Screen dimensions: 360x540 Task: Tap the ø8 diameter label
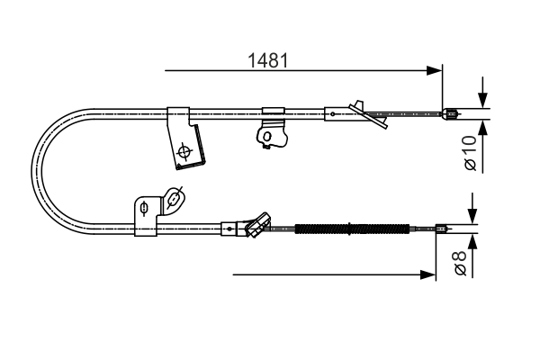tap(459, 264)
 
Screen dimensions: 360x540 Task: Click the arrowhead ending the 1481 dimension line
tap(438, 68)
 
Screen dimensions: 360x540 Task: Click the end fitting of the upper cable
tap(452, 113)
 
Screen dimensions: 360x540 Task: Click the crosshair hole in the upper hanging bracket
tap(185, 151)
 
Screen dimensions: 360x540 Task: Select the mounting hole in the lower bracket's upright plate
tap(144, 211)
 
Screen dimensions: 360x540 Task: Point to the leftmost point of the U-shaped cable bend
tap(33, 170)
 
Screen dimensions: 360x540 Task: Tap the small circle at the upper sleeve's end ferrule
tap(333, 113)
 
